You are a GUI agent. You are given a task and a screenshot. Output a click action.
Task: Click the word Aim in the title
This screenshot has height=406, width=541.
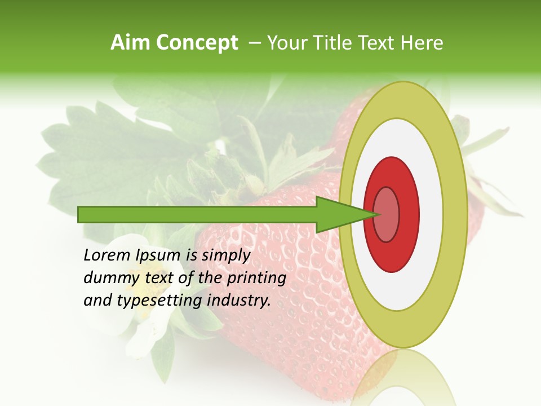[131, 43]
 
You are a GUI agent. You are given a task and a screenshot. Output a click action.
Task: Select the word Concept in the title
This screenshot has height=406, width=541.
[197, 43]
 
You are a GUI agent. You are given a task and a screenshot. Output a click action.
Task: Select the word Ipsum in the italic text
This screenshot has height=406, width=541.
[158, 256]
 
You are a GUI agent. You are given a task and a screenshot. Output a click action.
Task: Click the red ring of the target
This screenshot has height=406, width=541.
[409, 214]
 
